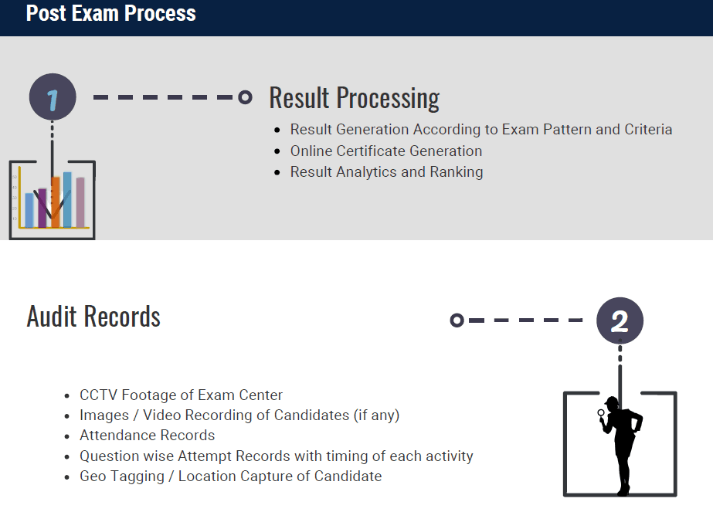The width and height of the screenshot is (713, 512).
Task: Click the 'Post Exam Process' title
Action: point(111,13)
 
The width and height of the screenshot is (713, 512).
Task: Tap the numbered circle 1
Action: point(53,97)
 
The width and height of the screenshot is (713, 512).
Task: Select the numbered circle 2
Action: point(620,320)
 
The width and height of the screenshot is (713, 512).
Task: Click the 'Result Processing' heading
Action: point(355,98)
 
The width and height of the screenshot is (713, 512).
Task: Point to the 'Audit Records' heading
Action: point(93,317)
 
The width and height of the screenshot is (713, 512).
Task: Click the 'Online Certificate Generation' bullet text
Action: point(386,151)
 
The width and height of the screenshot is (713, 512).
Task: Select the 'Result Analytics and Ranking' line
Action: point(386,172)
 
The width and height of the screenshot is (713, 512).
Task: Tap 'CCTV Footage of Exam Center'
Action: point(181,395)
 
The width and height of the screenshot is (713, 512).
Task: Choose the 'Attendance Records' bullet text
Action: point(148,435)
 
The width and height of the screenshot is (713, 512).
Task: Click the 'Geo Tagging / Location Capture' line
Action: point(230,476)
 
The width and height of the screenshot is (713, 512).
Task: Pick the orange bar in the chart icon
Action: point(56,202)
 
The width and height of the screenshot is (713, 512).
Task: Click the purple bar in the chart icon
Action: point(42,208)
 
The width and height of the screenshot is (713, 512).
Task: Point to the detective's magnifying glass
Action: point(601,413)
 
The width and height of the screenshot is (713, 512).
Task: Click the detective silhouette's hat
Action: point(611,402)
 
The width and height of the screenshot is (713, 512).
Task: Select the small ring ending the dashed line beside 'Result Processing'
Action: point(245,97)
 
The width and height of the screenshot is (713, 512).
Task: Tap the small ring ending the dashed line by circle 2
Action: point(457,320)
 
